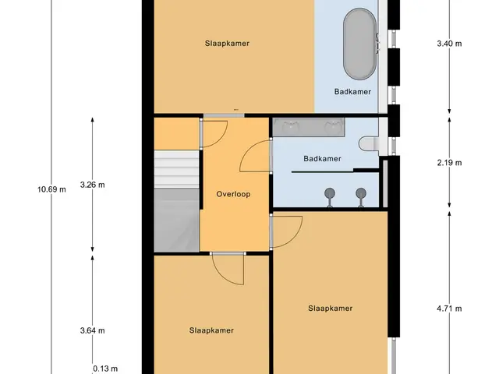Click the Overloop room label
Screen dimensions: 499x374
click(x=233, y=194)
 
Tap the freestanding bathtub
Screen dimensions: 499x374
click(x=360, y=44)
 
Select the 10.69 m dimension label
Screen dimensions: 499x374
click(x=51, y=189)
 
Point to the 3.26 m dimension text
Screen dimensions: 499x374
click(x=92, y=185)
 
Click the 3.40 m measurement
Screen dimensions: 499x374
click(x=449, y=44)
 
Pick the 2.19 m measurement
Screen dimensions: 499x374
click(x=449, y=163)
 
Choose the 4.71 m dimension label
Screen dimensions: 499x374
click(x=449, y=309)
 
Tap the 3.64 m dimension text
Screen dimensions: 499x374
click(x=92, y=330)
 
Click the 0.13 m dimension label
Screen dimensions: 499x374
click(x=105, y=369)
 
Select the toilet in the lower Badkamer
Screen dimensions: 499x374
click(x=369, y=143)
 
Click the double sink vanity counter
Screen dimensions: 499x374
click(x=309, y=128)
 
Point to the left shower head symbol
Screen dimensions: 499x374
click(x=330, y=197)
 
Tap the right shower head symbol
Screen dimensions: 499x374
click(x=361, y=197)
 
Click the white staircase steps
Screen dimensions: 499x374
click(x=177, y=170)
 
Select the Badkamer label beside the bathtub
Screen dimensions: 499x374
click(x=352, y=92)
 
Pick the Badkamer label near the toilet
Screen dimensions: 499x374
click(x=322, y=158)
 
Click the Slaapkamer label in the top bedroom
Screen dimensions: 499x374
click(x=227, y=44)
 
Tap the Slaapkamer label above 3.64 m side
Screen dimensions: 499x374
click(x=211, y=330)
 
